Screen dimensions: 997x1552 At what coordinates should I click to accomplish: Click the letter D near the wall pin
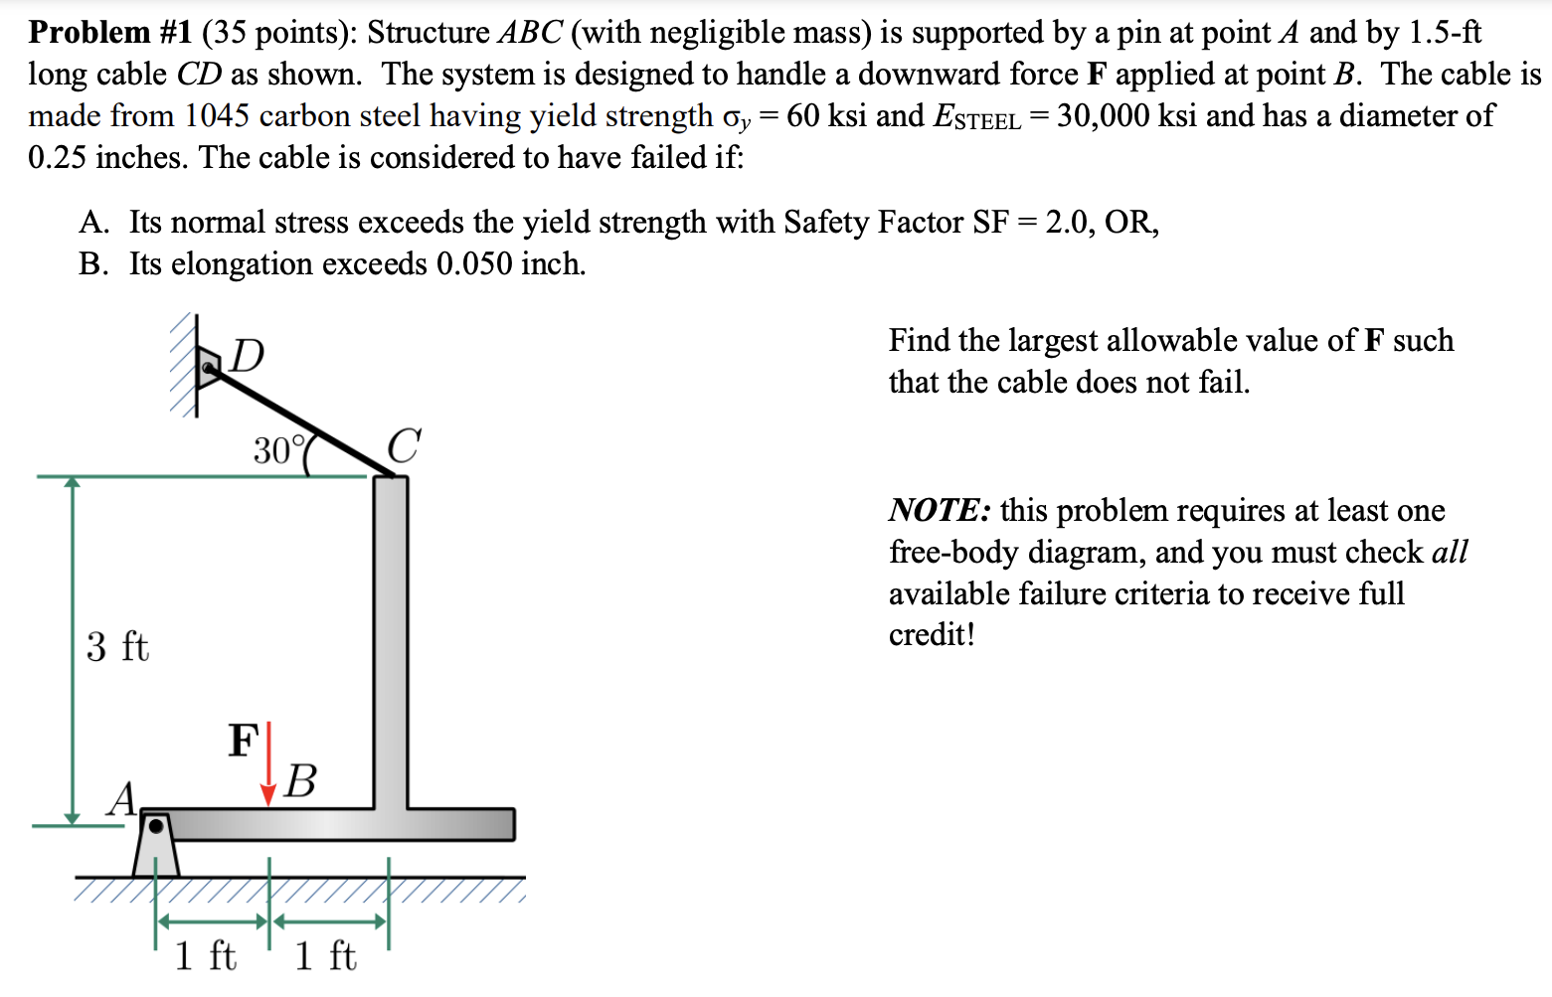(247, 355)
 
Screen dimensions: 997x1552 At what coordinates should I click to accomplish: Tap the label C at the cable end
(404, 445)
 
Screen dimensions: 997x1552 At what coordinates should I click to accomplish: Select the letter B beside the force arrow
(299, 781)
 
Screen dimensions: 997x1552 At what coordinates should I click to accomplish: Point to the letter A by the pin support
(123, 798)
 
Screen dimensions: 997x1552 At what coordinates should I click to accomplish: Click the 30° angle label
(273, 450)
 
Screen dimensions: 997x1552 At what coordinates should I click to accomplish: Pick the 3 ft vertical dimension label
(117, 647)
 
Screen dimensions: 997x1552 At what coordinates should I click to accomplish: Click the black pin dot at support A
(156, 826)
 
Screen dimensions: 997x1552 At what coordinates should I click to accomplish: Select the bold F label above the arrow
(243, 741)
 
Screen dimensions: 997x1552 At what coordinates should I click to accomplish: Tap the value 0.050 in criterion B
(474, 264)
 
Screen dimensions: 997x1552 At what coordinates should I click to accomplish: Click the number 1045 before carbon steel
(217, 116)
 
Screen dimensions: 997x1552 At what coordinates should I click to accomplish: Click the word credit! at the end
(932, 634)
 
